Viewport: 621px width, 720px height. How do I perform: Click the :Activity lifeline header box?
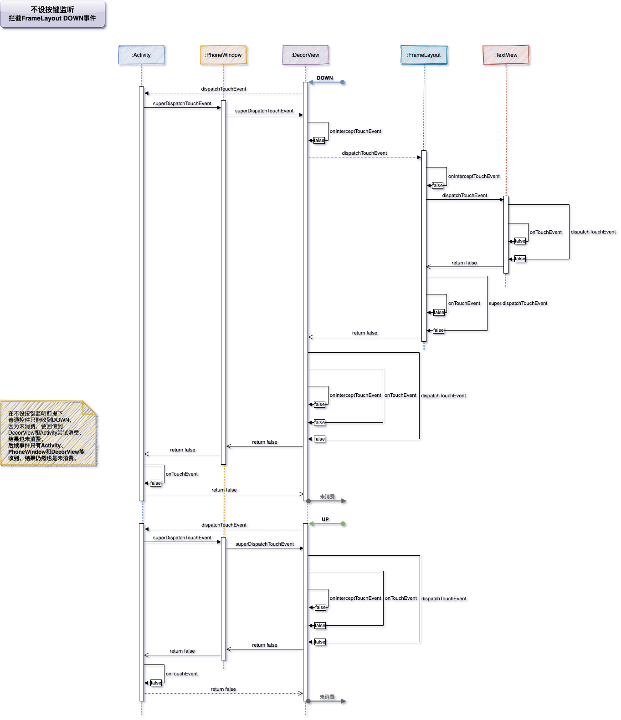[141, 55]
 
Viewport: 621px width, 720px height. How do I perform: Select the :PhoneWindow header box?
[223, 55]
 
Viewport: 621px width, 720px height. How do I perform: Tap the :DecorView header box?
[305, 55]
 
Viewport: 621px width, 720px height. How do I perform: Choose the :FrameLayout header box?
[424, 55]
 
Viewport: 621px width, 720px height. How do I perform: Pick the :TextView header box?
[506, 55]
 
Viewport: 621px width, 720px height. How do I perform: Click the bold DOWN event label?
[325, 78]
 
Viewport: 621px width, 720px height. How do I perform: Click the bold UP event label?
[325, 519]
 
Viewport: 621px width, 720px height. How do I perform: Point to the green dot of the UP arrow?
[343, 524]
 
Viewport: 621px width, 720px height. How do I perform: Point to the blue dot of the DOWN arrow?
[342, 82]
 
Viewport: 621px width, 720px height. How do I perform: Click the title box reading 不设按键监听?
[53, 14]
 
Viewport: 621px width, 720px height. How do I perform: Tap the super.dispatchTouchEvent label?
[518, 303]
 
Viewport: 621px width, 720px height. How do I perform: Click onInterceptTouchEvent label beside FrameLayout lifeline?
[474, 176]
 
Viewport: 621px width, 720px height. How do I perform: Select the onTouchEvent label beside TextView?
[545, 232]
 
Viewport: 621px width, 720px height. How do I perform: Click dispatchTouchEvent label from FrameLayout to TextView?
[464, 195]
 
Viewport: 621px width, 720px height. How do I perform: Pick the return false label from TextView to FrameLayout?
[464, 263]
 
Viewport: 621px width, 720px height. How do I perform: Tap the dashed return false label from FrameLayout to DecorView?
[364, 333]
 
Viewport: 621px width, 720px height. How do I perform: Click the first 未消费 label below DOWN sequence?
[327, 497]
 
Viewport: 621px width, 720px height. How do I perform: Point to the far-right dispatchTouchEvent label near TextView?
[593, 232]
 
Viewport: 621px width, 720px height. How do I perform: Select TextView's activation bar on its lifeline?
[506, 234]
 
